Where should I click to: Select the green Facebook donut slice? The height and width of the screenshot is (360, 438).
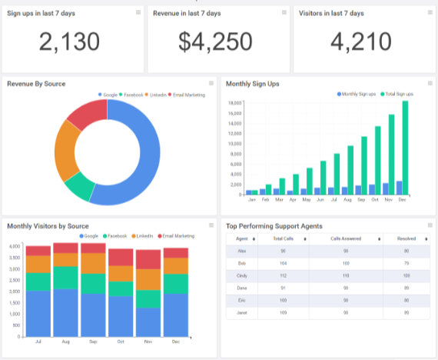(79, 186)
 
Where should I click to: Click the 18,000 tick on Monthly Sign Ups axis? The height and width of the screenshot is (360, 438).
(236, 102)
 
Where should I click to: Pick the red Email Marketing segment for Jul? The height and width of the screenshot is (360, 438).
(38, 250)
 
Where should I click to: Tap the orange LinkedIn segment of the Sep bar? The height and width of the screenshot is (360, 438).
(94, 263)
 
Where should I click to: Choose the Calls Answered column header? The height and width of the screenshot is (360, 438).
(346, 239)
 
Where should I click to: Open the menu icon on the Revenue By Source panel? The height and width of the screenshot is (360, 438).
(211, 83)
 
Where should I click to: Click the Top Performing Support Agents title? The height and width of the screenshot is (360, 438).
(274, 226)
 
